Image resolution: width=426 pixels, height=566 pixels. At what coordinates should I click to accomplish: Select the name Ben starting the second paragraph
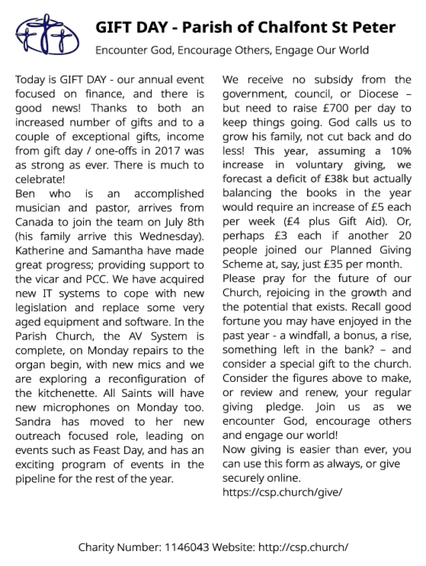(x=25, y=194)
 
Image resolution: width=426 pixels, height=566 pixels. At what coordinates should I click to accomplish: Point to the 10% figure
(x=399, y=151)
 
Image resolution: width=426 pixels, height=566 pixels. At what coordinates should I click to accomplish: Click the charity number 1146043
(x=186, y=548)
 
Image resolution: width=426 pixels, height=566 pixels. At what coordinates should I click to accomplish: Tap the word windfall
(x=295, y=336)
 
